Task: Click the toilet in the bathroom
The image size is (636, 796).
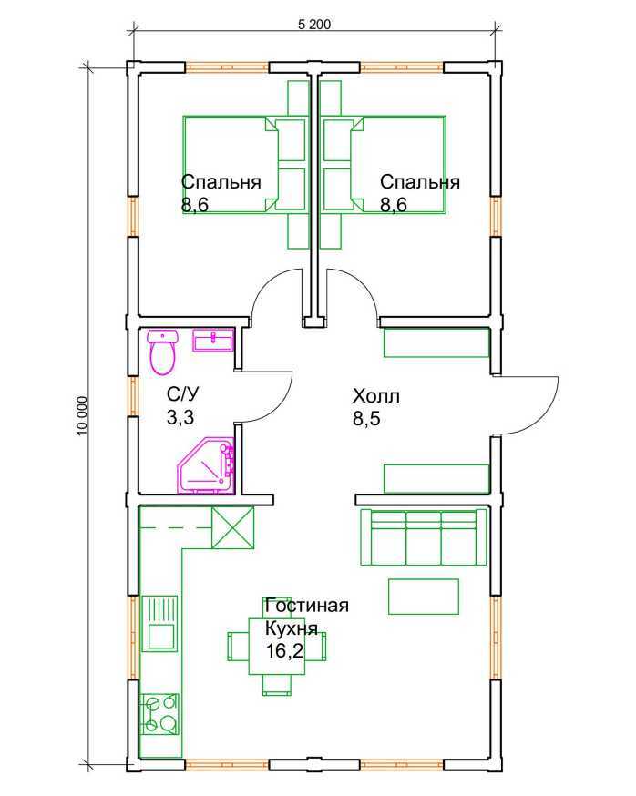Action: pos(162,352)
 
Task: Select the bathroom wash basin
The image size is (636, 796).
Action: pos(213,340)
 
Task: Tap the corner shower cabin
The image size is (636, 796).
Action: pos(207,465)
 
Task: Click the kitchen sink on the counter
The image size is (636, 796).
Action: pos(159,623)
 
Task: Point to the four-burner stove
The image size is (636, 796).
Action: pos(160,714)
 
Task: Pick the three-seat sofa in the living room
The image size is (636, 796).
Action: pos(424,536)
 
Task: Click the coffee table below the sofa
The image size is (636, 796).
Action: pos(424,596)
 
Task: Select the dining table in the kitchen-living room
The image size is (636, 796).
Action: pos(276,647)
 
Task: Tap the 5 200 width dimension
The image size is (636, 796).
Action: pos(314,24)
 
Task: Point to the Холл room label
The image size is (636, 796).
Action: pos(376,396)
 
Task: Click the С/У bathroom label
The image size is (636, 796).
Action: pos(183,394)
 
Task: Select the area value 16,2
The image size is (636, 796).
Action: pos(284,650)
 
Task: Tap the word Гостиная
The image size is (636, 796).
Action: pos(307,605)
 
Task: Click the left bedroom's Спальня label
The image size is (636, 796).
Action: pos(221,182)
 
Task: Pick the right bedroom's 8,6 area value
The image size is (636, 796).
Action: pos(394,205)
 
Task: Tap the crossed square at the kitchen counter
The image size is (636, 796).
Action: pos(232,527)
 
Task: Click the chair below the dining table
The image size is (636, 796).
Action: pos(277,685)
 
